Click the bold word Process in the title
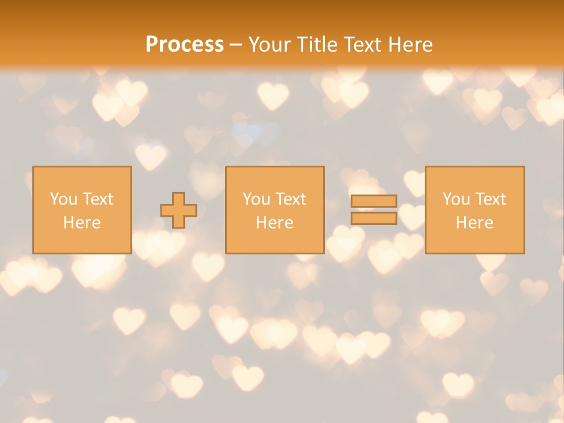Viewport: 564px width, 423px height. (x=184, y=45)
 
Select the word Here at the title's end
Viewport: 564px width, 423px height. (x=411, y=45)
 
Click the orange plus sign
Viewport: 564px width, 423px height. (x=179, y=210)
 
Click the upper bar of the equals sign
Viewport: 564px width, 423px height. (x=374, y=202)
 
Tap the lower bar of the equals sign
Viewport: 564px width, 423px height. (x=374, y=219)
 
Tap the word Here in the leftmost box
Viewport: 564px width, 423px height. (x=82, y=223)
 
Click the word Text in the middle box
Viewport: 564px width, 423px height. (x=291, y=199)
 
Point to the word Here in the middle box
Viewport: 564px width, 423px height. (x=275, y=223)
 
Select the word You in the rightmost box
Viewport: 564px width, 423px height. (x=456, y=199)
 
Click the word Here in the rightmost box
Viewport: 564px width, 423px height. (x=475, y=223)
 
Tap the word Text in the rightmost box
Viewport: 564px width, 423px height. (x=491, y=199)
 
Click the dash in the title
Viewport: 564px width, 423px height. (x=236, y=45)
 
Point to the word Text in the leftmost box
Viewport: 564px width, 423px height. (x=98, y=199)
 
